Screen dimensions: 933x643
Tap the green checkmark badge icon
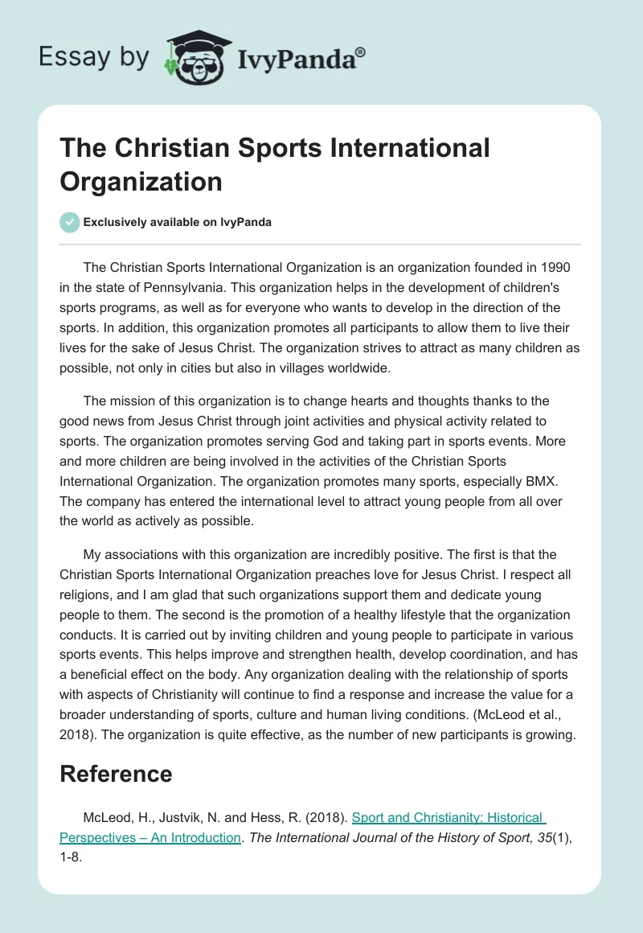click(x=70, y=222)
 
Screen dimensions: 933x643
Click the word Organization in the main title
click(x=141, y=181)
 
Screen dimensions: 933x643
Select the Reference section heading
click(x=116, y=774)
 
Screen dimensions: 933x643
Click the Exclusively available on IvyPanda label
click(x=178, y=222)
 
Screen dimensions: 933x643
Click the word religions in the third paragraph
click(x=89, y=596)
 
